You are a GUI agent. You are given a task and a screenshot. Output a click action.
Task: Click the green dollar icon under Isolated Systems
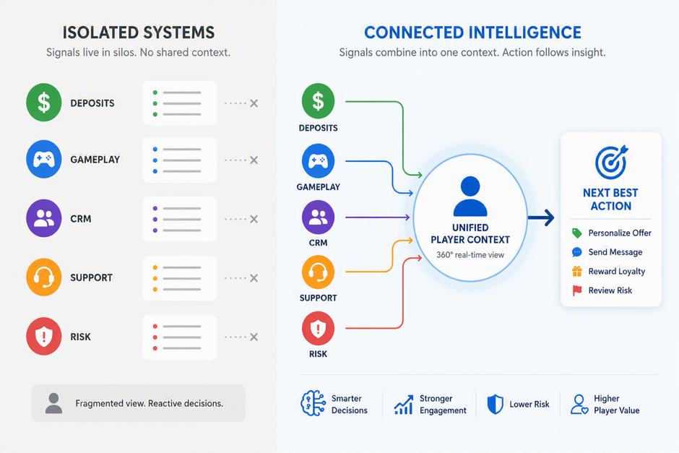click(x=44, y=103)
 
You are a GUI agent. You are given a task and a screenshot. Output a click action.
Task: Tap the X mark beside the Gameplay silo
click(x=254, y=160)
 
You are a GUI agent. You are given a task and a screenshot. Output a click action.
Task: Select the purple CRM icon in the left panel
click(x=44, y=218)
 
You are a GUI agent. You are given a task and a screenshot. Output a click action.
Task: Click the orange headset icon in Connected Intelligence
click(x=319, y=272)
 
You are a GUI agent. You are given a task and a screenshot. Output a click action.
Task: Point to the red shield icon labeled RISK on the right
click(x=319, y=328)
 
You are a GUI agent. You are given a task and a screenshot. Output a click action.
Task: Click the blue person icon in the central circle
click(x=470, y=197)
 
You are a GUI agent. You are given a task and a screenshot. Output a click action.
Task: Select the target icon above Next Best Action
click(x=611, y=162)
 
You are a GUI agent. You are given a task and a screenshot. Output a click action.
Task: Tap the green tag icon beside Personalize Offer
click(x=577, y=233)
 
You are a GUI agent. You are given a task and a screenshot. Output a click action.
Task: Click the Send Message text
click(x=615, y=252)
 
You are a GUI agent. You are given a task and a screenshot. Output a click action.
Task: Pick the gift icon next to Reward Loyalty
click(x=577, y=271)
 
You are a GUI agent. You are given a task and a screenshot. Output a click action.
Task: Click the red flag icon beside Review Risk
click(x=577, y=290)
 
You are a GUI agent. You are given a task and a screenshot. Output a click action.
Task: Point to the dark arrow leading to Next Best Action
click(x=541, y=217)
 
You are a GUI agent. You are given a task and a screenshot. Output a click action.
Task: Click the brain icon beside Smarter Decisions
click(x=313, y=403)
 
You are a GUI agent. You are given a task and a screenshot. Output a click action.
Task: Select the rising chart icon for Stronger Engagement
click(x=404, y=405)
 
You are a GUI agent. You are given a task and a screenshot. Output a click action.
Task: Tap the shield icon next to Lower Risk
click(x=495, y=404)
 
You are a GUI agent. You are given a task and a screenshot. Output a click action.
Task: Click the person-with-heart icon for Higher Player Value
click(x=579, y=405)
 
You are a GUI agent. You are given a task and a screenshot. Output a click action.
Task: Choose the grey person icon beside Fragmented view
click(x=53, y=403)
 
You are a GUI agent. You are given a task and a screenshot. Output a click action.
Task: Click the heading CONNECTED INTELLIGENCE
click(x=472, y=33)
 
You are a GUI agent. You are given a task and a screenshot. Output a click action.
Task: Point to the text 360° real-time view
click(x=470, y=254)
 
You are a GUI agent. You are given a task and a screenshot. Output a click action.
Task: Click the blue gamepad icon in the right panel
click(x=319, y=160)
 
